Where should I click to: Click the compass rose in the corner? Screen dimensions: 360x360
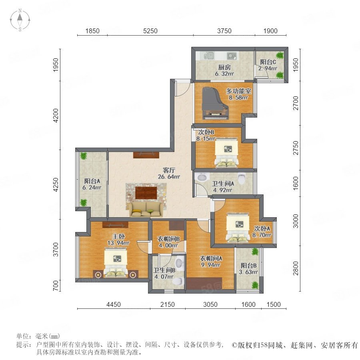[x=20, y=20]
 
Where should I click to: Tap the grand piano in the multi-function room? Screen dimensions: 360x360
[x=215, y=103]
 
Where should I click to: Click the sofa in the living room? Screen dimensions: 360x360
[x=146, y=209]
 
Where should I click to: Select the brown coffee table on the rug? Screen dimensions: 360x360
[x=146, y=193]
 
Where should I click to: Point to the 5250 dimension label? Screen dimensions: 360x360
[x=150, y=31]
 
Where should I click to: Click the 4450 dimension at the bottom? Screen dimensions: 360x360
[x=114, y=304]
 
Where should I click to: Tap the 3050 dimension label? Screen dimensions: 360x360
[x=210, y=304]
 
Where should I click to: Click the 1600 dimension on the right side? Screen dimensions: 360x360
[x=296, y=183]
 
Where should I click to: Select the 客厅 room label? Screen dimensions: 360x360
[x=169, y=170]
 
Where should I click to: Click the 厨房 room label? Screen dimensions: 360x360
[x=224, y=67]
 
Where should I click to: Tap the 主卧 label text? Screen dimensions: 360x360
[x=118, y=236]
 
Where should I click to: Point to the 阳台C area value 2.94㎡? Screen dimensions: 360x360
[x=268, y=68]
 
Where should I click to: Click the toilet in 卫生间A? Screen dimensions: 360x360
[x=242, y=178]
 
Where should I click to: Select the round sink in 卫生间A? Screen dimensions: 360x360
[x=202, y=177]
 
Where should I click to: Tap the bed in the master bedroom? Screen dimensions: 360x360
[x=116, y=262]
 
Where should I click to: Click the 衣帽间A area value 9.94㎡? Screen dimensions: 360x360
[x=211, y=265]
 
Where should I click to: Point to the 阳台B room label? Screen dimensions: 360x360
[x=249, y=266]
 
